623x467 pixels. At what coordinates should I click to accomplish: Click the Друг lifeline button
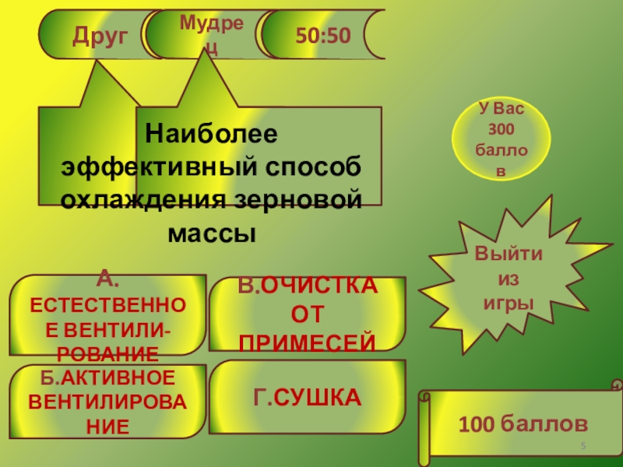[x=99, y=35]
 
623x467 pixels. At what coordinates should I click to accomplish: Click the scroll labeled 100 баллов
[x=522, y=424]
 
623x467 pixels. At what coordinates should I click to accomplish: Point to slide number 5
[x=584, y=444]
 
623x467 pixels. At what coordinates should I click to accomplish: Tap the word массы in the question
[x=212, y=233]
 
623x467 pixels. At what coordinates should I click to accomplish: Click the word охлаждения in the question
[x=142, y=199]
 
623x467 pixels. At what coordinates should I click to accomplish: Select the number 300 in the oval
[x=502, y=128]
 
